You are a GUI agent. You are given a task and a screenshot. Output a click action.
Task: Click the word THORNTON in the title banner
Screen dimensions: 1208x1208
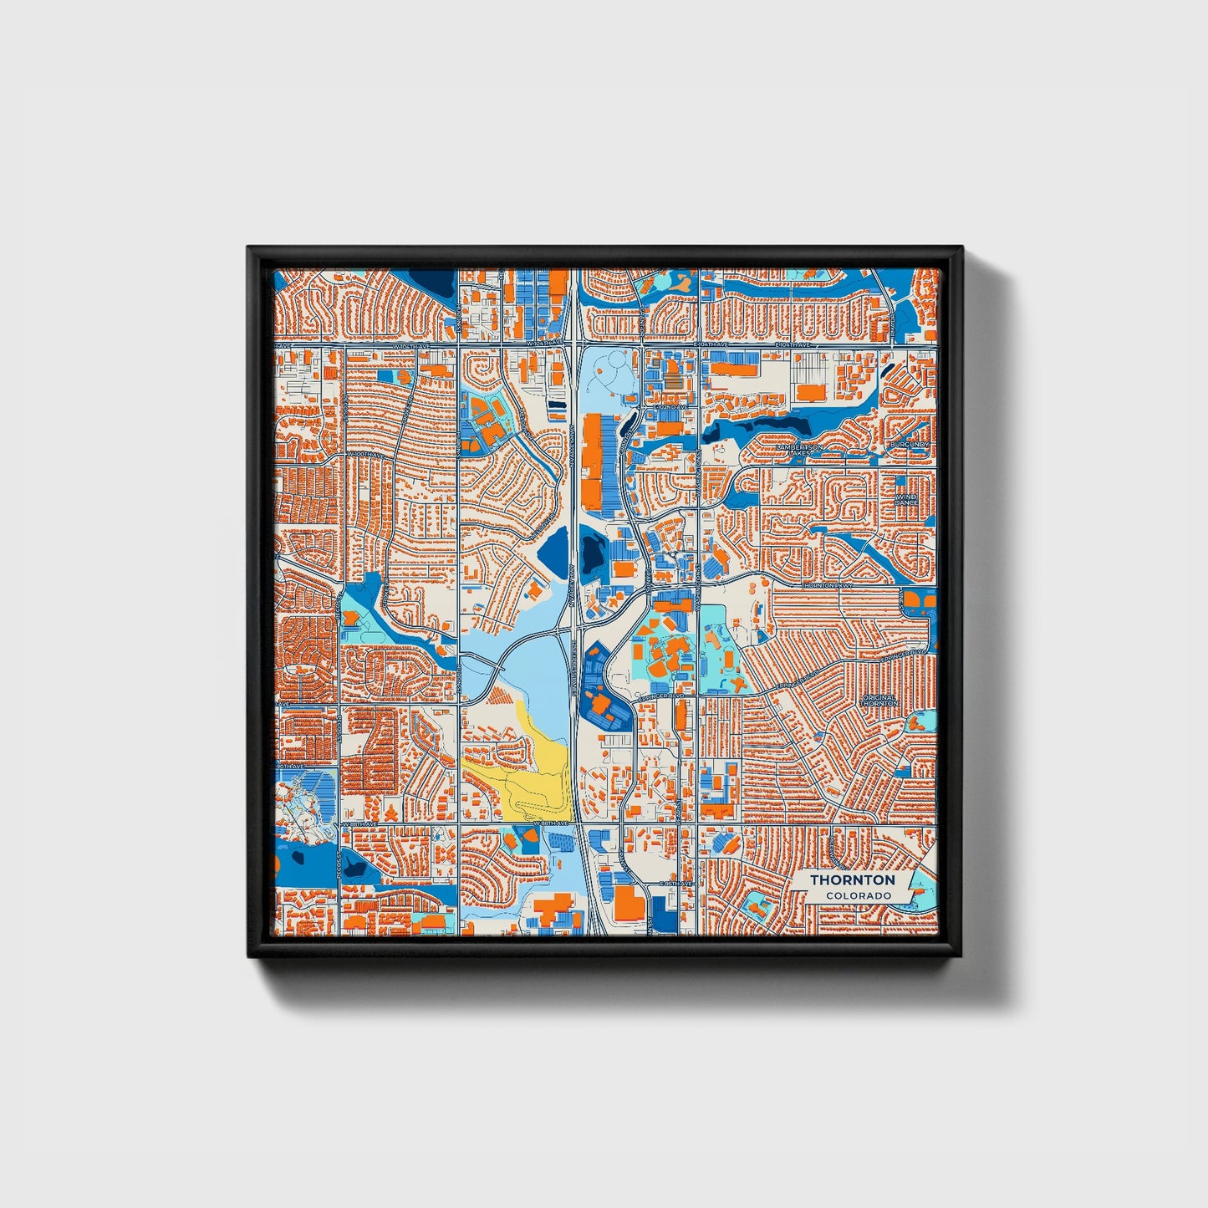(x=852, y=880)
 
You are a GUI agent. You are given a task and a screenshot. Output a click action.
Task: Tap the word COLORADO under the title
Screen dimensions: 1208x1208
(x=858, y=895)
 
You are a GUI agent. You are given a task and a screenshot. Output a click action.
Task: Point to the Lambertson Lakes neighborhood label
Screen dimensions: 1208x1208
(x=799, y=450)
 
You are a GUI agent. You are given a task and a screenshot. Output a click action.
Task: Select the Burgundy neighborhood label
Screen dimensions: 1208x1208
(x=910, y=444)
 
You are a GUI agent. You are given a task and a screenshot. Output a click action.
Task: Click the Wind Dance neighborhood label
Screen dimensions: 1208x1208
(x=906, y=500)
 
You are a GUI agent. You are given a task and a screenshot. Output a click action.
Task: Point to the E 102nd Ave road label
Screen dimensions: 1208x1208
(x=670, y=407)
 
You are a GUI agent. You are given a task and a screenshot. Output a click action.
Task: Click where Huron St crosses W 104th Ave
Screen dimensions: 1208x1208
(x=458, y=344)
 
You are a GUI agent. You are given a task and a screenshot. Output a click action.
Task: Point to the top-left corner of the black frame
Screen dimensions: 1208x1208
(x=249, y=248)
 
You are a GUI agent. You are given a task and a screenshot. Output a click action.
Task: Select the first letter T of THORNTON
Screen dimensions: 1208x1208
(x=813, y=880)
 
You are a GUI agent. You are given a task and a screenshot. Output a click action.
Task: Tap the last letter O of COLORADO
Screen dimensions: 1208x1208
(x=887, y=895)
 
